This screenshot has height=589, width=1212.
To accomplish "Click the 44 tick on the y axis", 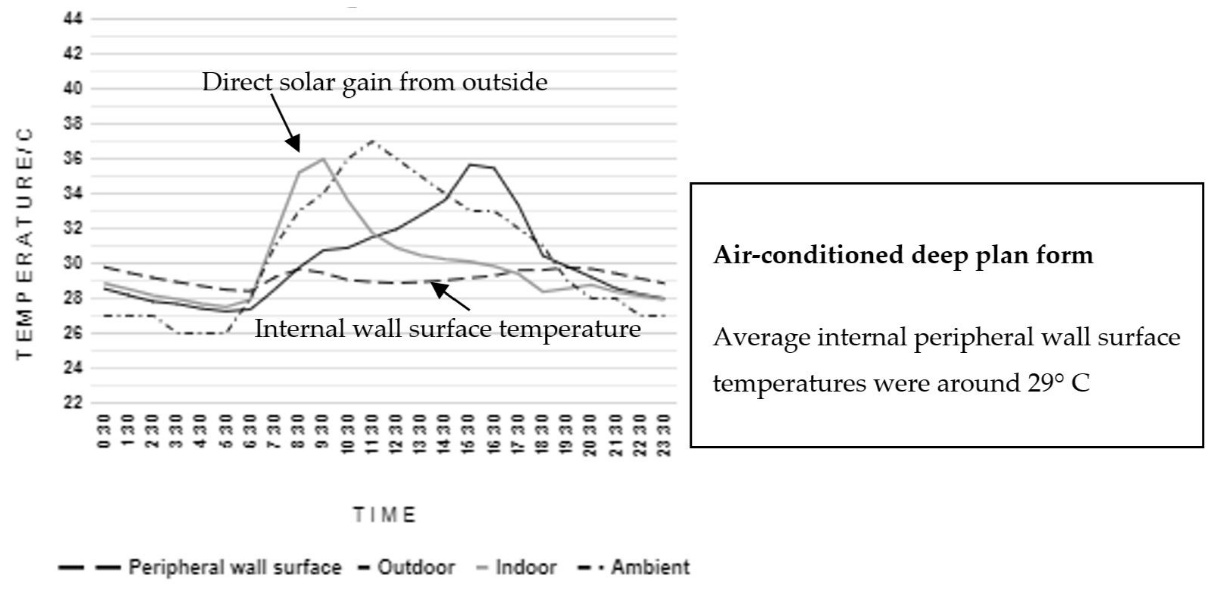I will [x=73, y=19].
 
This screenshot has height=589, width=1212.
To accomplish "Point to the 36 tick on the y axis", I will [x=73, y=159].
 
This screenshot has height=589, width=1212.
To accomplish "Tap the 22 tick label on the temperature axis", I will [x=73, y=403].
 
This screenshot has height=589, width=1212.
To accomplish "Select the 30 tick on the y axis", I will [x=73, y=263].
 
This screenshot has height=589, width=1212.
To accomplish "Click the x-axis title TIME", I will [x=385, y=515].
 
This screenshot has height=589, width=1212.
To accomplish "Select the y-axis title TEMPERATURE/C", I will [x=24, y=243].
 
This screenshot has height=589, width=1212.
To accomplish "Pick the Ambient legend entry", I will [x=650, y=567].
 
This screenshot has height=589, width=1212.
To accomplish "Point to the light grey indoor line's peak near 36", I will [x=323, y=159].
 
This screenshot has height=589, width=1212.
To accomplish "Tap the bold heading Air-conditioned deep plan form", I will [x=903, y=255].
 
